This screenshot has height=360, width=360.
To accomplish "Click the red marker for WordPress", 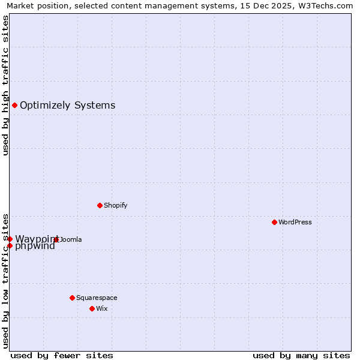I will (x=274, y=222).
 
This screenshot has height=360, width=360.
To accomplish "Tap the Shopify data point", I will (x=100, y=205).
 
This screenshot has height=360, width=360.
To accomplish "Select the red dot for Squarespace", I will (x=72, y=298).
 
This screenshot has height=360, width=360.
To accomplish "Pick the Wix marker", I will (x=92, y=308).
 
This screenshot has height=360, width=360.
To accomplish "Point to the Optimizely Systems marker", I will (x=14, y=106).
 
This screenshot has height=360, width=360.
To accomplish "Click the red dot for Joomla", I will (x=56, y=239).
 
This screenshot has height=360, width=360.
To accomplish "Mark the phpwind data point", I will (x=10, y=245).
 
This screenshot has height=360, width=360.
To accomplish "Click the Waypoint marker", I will (x=10, y=239).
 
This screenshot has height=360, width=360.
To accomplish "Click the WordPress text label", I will (x=295, y=222).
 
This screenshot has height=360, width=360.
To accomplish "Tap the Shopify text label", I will (x=115, y=205).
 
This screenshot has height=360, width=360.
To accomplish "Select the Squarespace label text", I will (x=97, y=298).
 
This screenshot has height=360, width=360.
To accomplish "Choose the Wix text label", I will (x=101, y=308).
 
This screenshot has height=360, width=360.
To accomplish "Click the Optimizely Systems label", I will (x=67, y=106).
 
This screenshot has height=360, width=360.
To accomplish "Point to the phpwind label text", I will (x=35, y=246).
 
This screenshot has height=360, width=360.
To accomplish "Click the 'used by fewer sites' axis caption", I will (x=62, y=355).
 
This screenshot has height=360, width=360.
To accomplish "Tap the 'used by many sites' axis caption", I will (x=301, y=355).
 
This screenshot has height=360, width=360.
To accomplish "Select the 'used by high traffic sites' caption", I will (x=5, y=85).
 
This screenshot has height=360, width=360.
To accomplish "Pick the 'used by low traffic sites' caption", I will (x=5, y=280).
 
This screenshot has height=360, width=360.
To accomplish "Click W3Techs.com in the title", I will (x=325, y=5).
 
